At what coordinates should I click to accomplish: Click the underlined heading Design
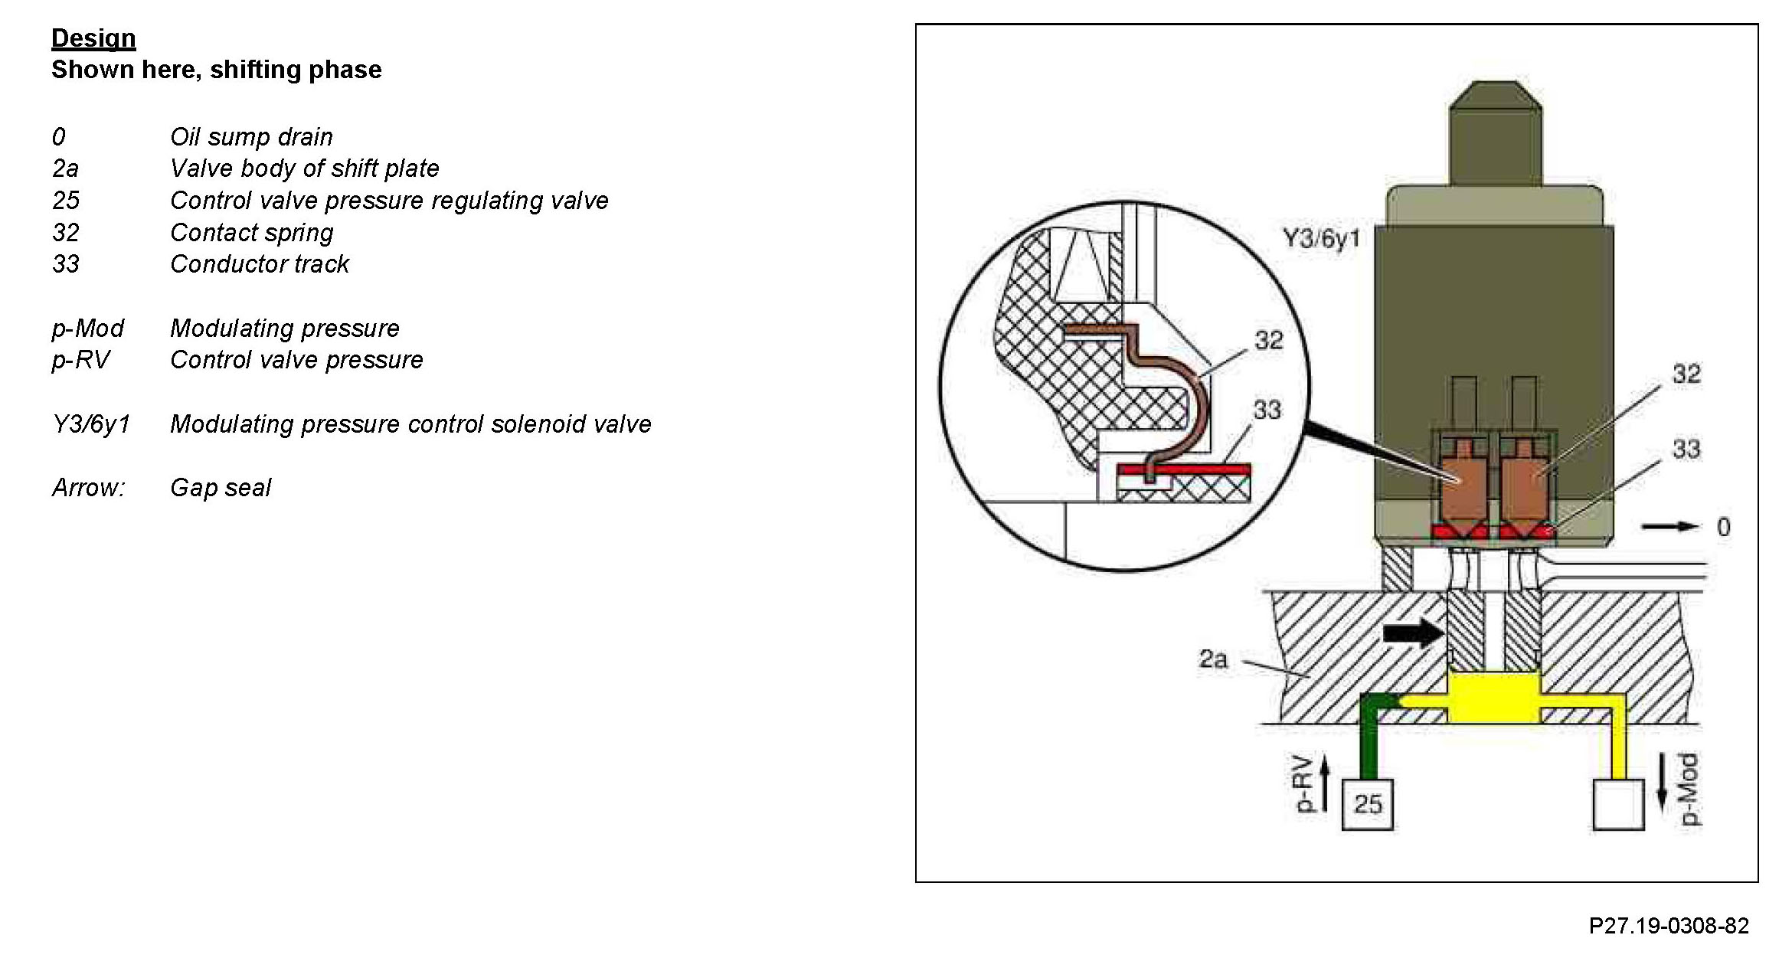(93, 38)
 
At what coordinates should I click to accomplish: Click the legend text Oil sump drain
(251, 137)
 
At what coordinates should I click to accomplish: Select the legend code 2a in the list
(65, 168)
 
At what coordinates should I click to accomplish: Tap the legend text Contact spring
(251, 233)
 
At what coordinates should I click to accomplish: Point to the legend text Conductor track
(259, 264)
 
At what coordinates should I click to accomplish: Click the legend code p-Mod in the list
(87, 329)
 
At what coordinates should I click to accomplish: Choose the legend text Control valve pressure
(296, 360)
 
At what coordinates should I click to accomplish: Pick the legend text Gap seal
(221, 488)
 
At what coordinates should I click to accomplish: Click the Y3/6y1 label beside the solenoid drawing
(1321, 239)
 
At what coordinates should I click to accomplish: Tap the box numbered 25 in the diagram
(1368, 804)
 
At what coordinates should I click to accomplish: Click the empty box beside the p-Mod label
(1617, 804)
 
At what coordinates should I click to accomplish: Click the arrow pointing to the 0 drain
(1669, 526)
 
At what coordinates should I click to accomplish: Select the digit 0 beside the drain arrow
(1723, 527)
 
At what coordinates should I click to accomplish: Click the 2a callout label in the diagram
(1212, 659)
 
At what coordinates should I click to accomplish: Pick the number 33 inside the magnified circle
(1267, 410)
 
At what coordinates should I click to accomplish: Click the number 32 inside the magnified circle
(1269, 340)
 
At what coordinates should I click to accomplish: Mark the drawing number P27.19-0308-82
(1669, 926)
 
